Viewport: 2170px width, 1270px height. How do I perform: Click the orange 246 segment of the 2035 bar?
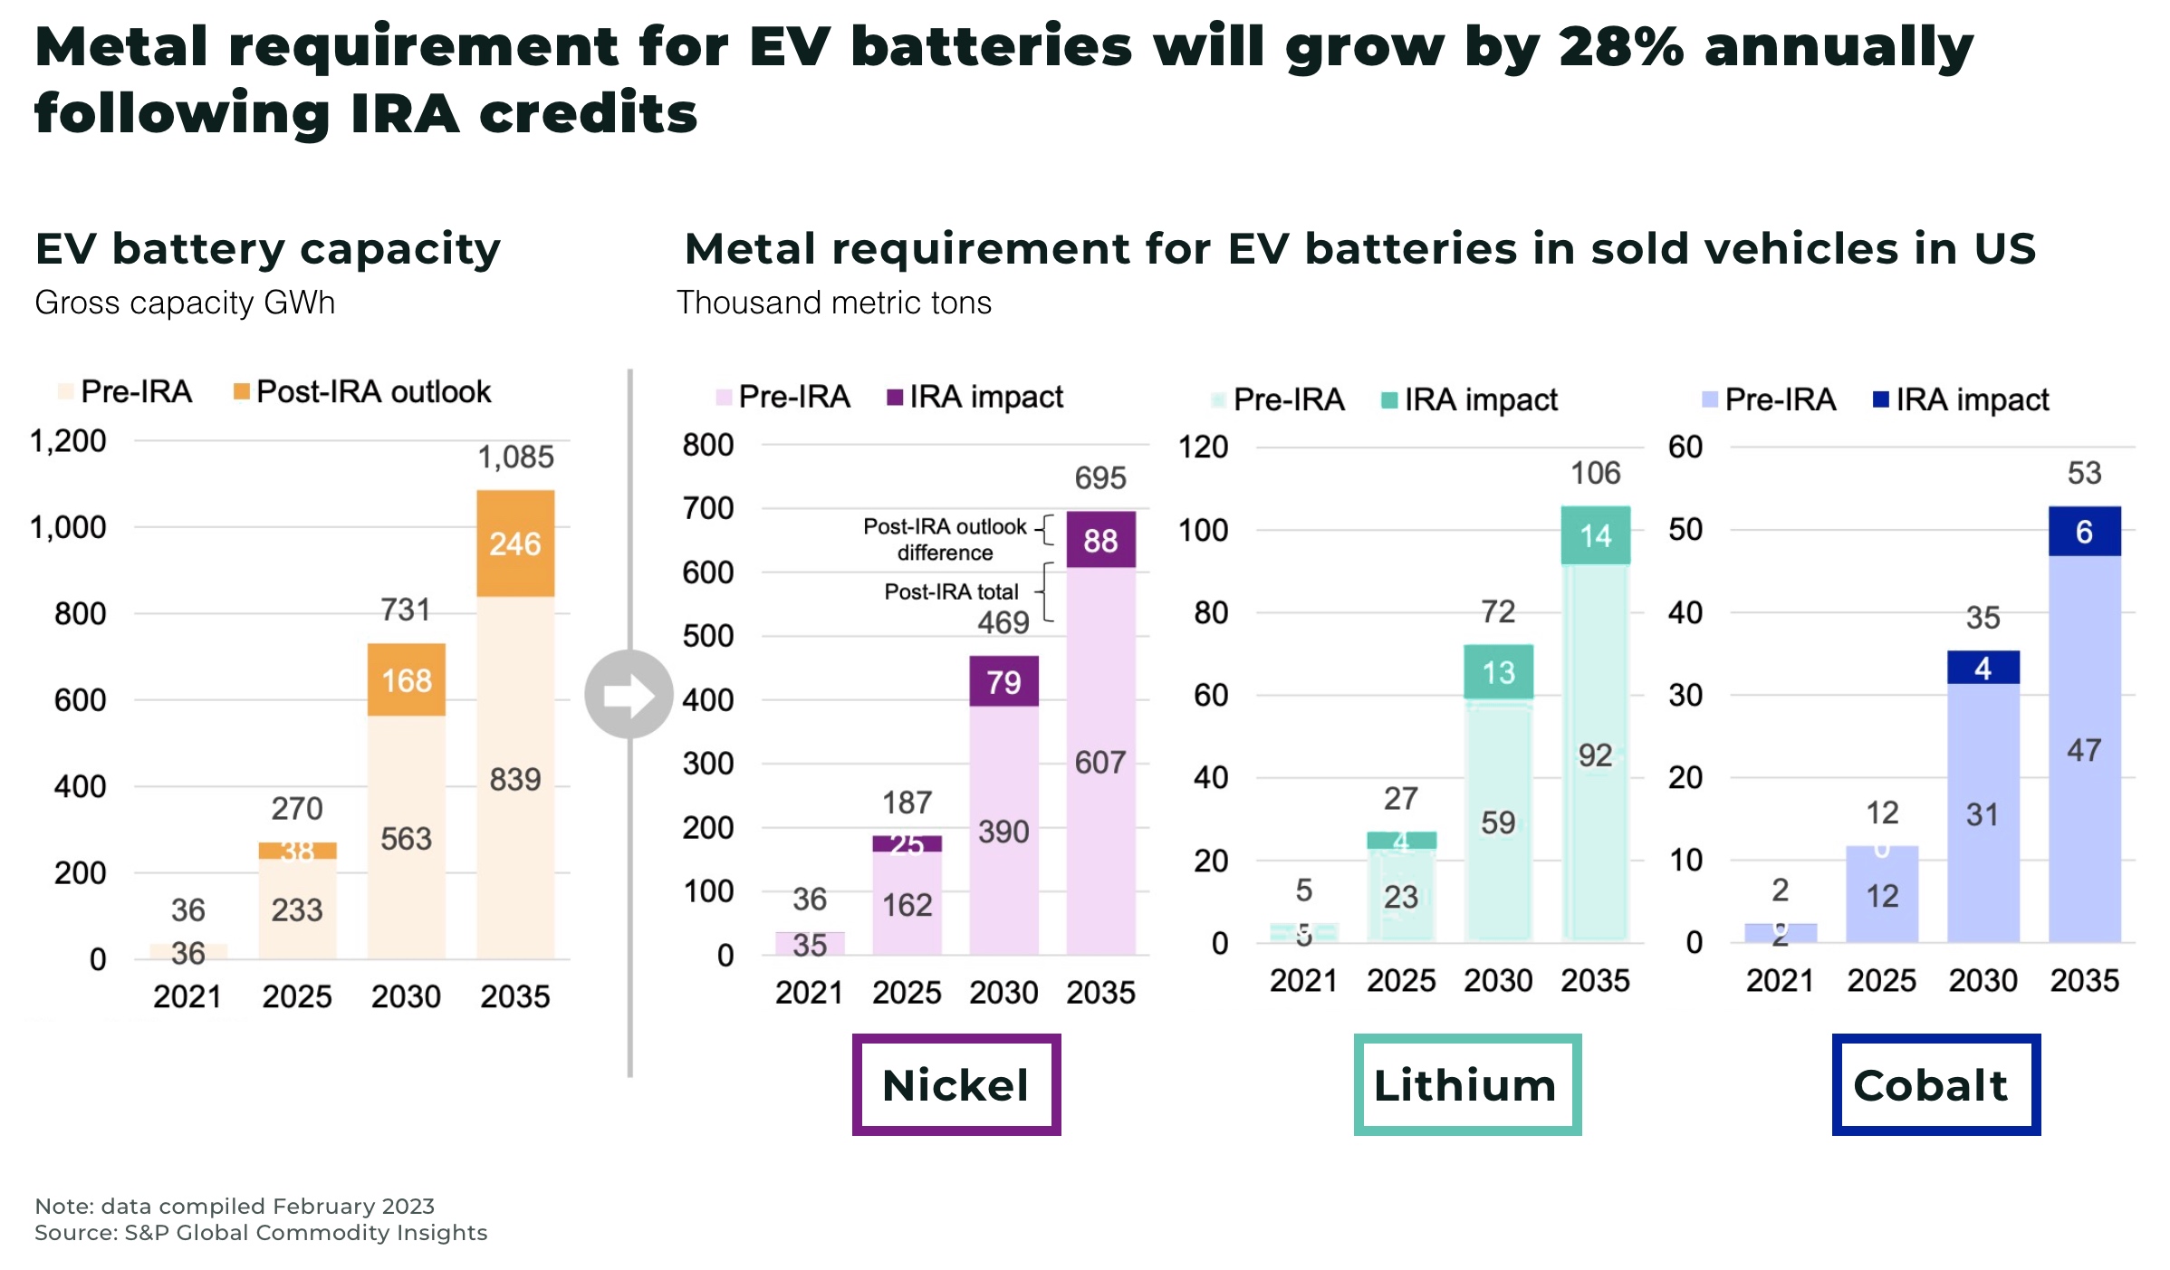515,544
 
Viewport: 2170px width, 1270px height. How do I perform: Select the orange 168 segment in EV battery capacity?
406,680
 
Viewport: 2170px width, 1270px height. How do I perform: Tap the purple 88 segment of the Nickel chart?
1100,541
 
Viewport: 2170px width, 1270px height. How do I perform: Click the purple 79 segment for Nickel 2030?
1003,682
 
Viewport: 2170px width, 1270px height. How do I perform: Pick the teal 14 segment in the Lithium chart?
1595,536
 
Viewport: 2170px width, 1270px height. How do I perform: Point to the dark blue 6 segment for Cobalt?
2084,532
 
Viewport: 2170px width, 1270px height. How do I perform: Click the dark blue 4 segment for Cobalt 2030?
1983,669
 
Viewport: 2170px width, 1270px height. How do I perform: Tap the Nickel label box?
956,1084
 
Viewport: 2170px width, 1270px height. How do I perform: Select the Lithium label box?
1467,1084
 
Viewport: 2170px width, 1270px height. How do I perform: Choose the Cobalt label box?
1935,1084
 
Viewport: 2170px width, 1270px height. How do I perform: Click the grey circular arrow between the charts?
629,694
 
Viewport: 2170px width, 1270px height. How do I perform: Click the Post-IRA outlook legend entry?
362,391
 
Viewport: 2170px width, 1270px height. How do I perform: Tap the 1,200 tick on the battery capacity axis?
68,441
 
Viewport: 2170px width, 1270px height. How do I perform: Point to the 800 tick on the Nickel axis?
707,445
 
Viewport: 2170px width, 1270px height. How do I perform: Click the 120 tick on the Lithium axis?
1203,447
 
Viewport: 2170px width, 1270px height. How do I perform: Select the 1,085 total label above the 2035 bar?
515,457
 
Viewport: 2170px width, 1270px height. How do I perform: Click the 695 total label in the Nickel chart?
1100,478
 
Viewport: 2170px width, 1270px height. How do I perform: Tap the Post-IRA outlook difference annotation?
945,540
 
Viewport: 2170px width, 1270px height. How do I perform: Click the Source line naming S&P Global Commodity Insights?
261,1233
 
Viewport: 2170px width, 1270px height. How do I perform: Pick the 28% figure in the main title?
1621,47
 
